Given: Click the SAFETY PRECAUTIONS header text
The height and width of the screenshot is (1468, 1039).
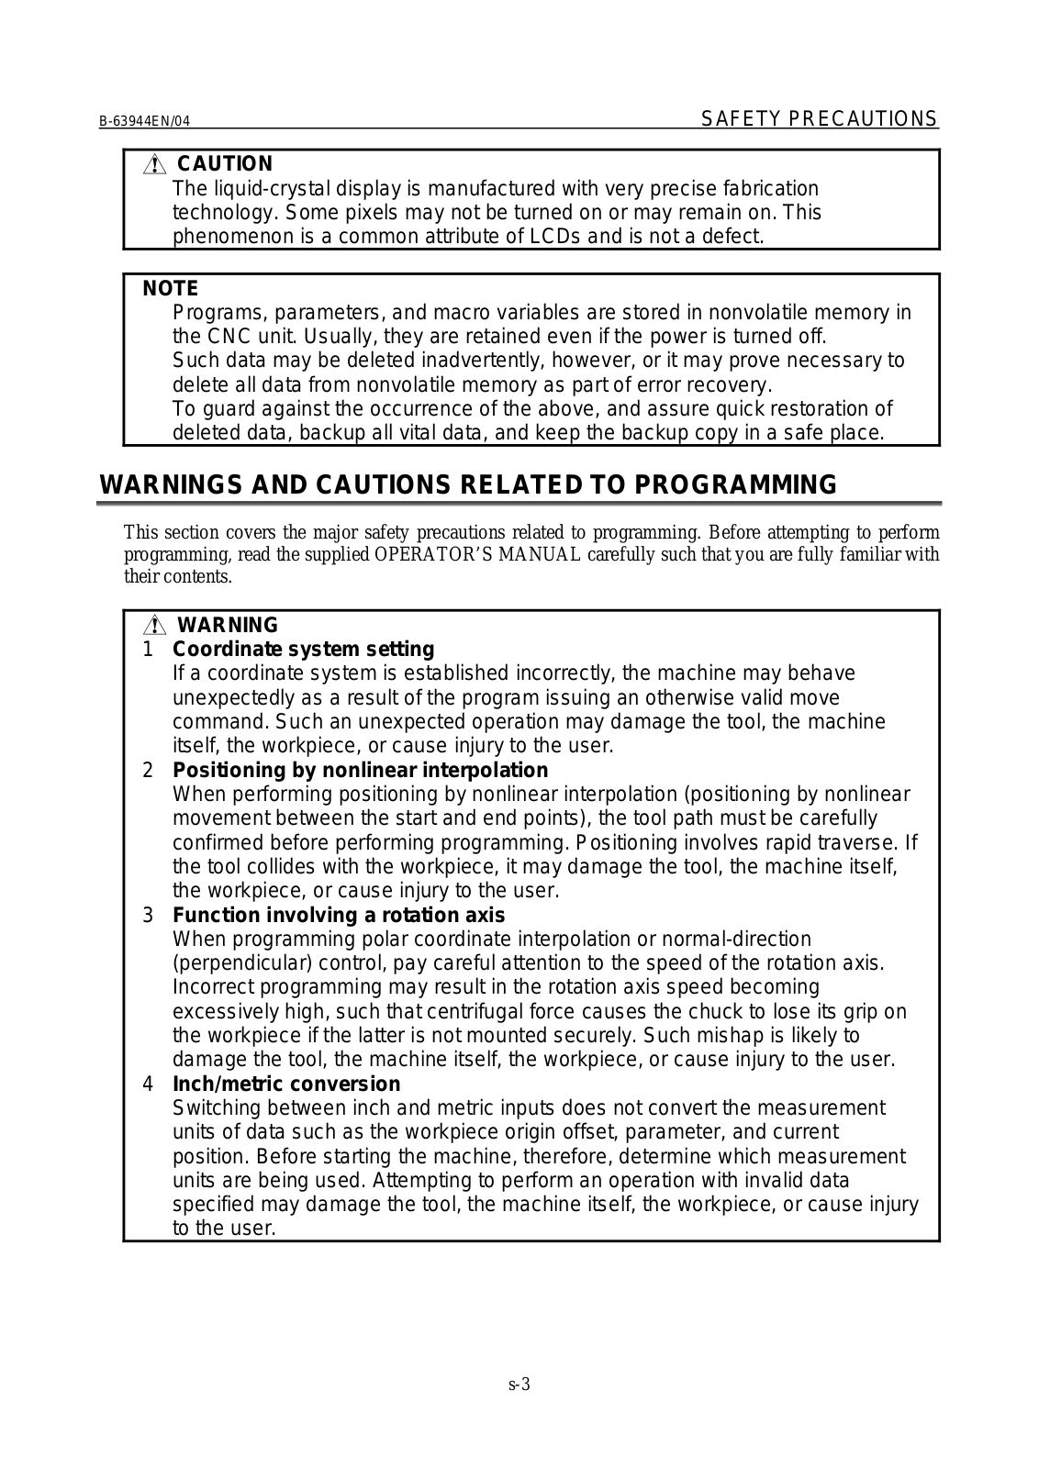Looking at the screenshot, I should tap(819, 119).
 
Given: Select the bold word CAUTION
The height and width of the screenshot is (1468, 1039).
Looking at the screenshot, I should tap(225, 164).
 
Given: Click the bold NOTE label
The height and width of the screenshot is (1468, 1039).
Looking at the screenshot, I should tap(170, 289).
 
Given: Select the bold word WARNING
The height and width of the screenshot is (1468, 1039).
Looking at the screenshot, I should tap(227, 626).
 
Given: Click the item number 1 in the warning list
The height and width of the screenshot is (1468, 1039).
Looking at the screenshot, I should tap(148, 650).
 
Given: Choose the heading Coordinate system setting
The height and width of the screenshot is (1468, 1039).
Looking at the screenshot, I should tap(303, 650).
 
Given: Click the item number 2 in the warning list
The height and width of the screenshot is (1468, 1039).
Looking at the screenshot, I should tap(148, 771).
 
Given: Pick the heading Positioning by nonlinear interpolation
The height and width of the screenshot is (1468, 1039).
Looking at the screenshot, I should tap(360, 771).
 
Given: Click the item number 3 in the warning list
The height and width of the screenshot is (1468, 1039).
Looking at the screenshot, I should tap(148, 916).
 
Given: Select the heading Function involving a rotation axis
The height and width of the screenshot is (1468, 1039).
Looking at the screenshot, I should tap(339, 916).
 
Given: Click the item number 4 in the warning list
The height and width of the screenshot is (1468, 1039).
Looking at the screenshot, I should tap(148, 1084).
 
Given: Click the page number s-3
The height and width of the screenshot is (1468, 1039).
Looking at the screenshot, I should tap(519, 1385).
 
